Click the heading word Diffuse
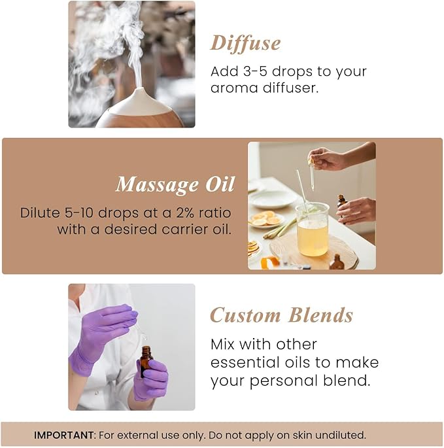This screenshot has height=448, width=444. pyautogui.click(x=245, y=44)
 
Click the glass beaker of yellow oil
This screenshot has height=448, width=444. pyautogui.click(x=313, y=230)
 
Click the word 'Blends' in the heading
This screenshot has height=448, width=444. pyautogui.click(x=320, y=315)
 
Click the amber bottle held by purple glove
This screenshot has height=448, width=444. pyautogui.click(x=146, y=361)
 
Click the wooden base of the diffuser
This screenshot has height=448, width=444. pyautogui.click(x=141, y=120)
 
